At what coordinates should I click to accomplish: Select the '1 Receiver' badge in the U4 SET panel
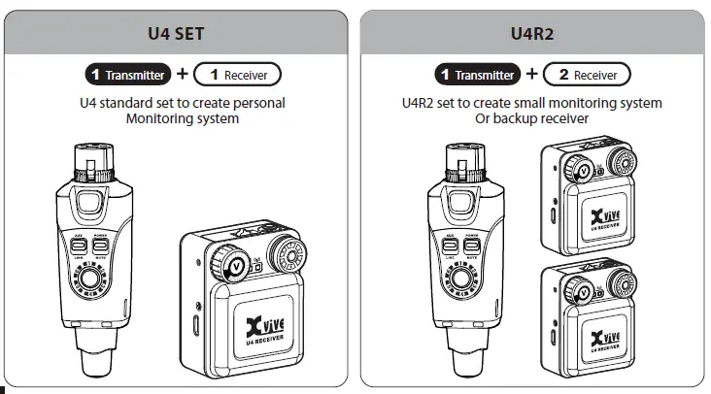[x=238, y=74]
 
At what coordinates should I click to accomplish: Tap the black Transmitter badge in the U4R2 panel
[x=475, y=74]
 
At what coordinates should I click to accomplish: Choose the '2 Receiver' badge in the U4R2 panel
[x=588, y=74]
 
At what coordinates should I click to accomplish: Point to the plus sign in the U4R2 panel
[x=531, y=74]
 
